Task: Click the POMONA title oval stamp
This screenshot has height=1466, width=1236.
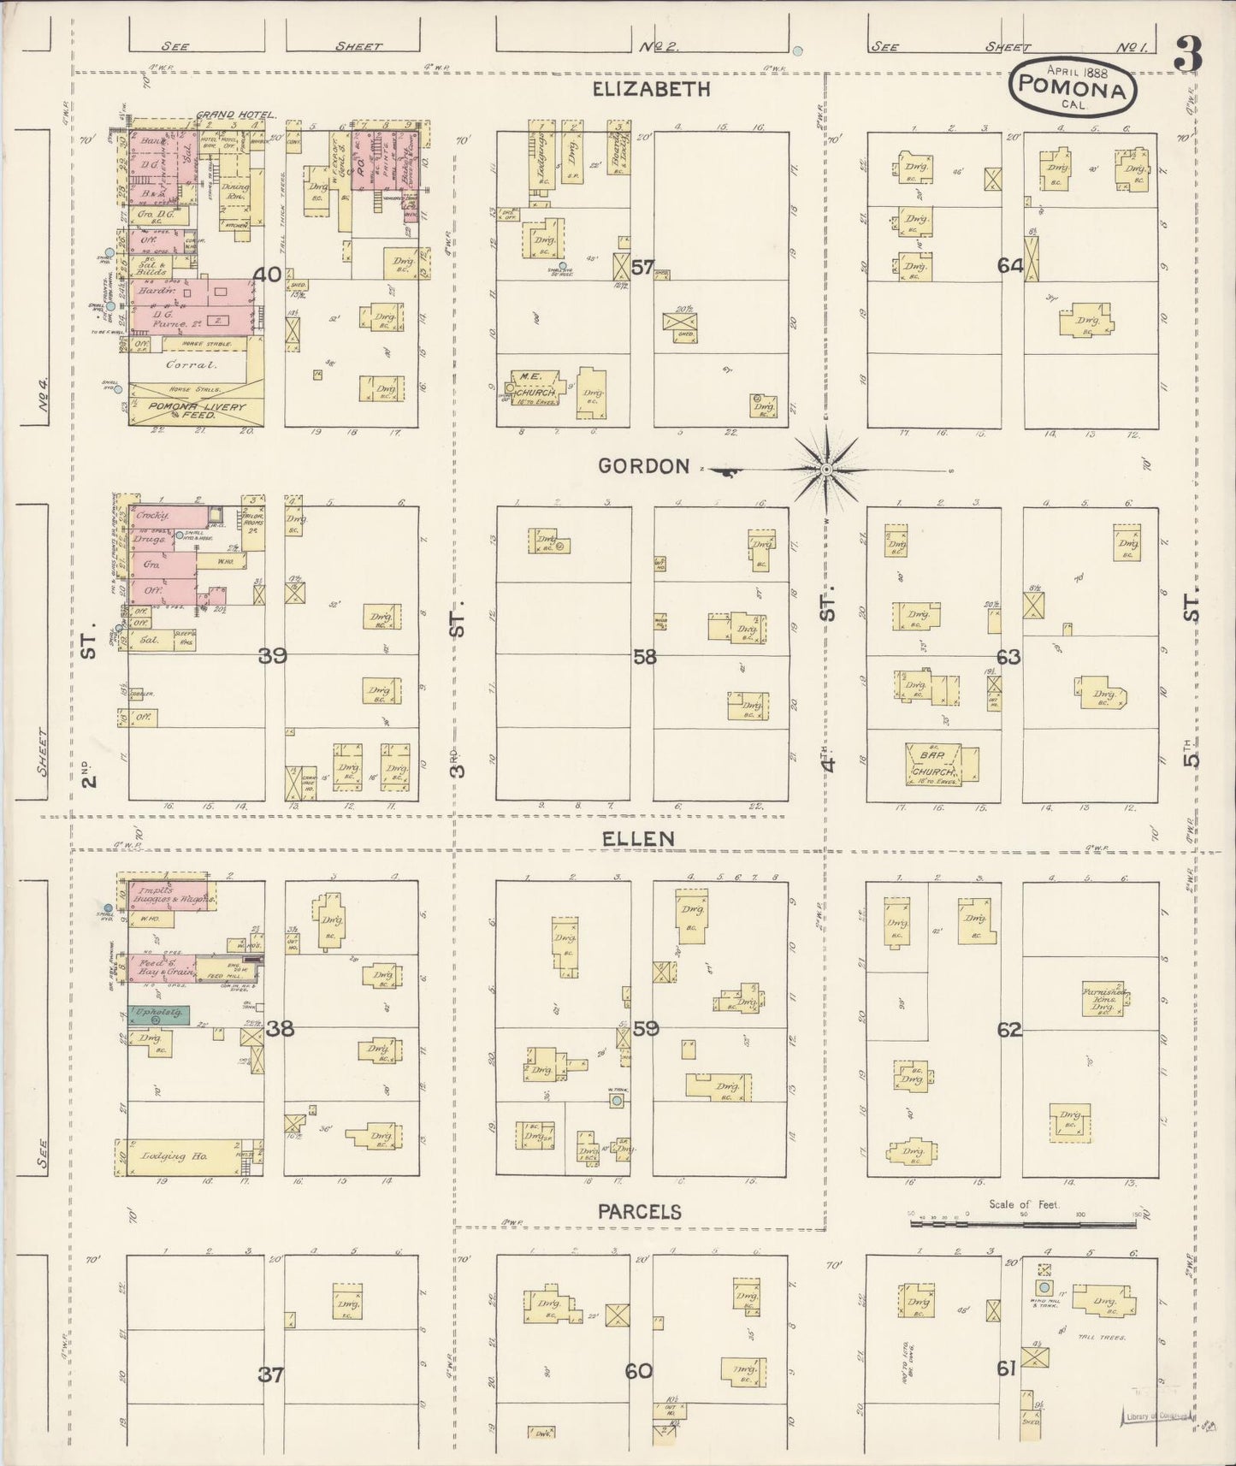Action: (1073, 86)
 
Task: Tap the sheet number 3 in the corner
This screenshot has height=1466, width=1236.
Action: (1188, 55)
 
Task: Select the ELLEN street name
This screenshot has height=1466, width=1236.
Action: (638, 839)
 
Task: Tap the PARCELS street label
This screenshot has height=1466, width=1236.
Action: (639, 1212)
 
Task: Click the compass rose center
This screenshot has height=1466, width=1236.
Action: (826, 470)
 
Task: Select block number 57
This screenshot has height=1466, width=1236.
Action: (642, 268)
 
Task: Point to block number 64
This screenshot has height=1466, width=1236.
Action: (1010, 266)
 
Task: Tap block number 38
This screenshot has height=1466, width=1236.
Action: (280, 1029)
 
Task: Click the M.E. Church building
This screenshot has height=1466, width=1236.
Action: (536, 386)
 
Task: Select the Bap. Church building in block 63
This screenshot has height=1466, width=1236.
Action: (933, 764)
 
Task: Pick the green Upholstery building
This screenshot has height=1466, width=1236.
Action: (159, 1015)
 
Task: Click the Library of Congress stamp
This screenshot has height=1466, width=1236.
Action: (1153, 1416)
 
